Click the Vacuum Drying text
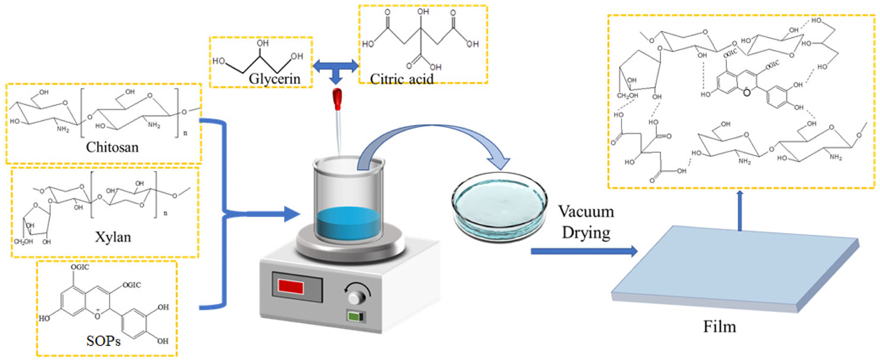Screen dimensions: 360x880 point(586,222)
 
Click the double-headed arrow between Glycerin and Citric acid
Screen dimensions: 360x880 point(337,65)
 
